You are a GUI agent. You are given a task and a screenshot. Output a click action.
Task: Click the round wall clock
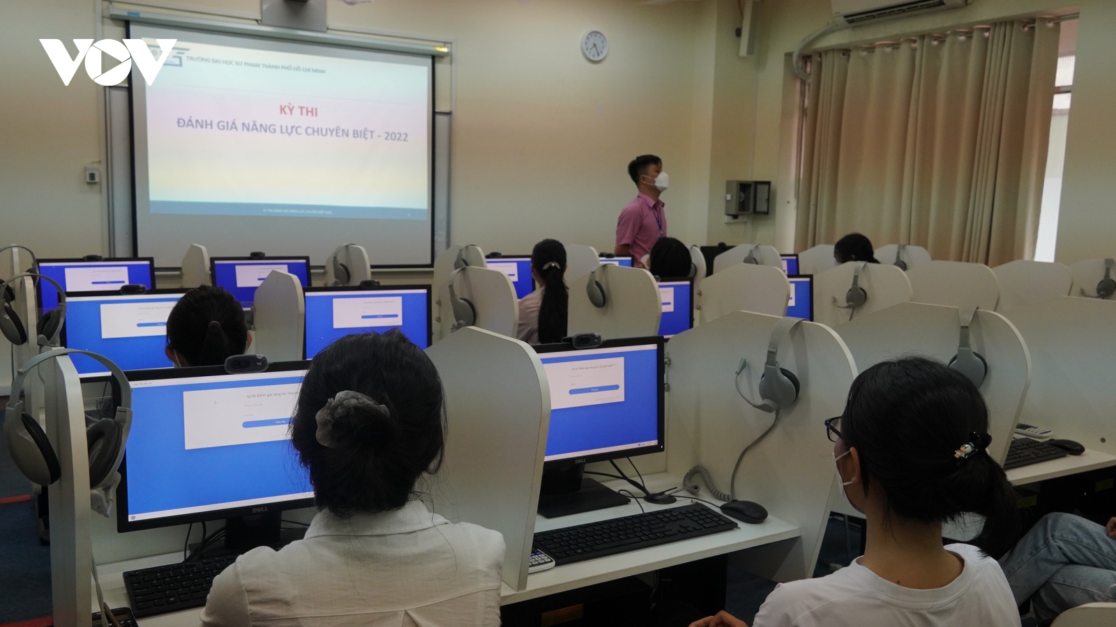click(x=595, y=46)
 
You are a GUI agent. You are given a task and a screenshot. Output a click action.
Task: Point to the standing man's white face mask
click(x=652, y=183)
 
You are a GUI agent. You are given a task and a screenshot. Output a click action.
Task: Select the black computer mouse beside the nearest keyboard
click(x=744, y=511)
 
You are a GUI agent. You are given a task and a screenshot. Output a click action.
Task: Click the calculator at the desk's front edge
click(x=539, y=557)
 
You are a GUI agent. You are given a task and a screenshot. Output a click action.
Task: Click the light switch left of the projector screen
click(x=91, y=173)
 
